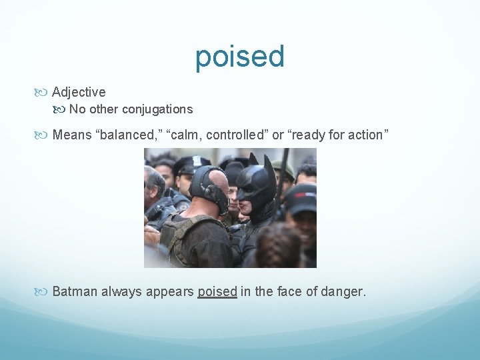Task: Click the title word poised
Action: coord(240,57)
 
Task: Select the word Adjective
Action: coord(79,92)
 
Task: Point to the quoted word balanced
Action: coord(125,135)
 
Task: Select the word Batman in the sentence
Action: coord(73,291)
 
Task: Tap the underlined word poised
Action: coord(217,291)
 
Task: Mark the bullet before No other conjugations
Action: coord(62,110)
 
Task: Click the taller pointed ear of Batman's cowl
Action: coord(269,164)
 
